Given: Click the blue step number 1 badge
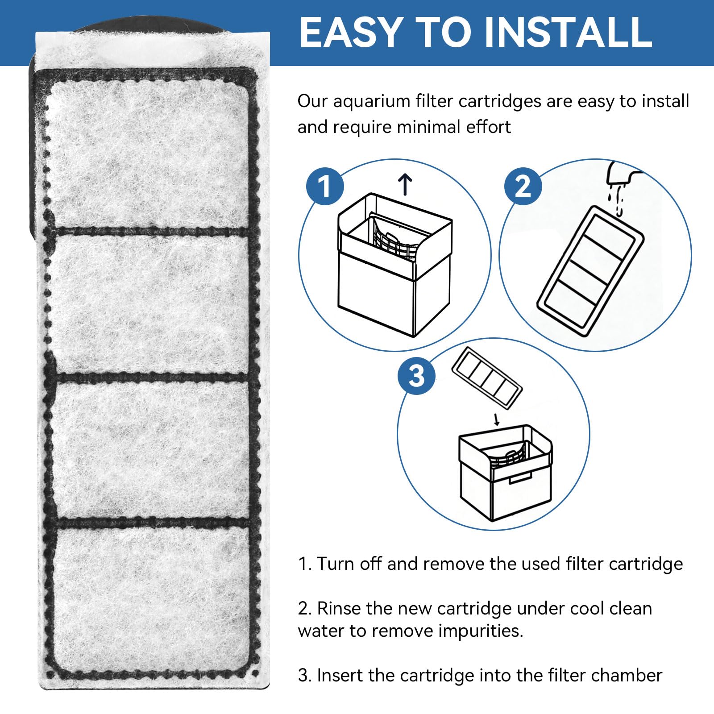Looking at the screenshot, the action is [x=325, y=186].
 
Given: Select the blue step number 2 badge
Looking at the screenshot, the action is [x=523, y=186].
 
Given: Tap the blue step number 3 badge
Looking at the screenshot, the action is [x=416, y=375].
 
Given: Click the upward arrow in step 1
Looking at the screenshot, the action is [x=405, y=185].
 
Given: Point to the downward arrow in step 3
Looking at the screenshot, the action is [x=496, y=419].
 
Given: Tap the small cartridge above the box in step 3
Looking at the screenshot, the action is [x=487, y=378].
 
